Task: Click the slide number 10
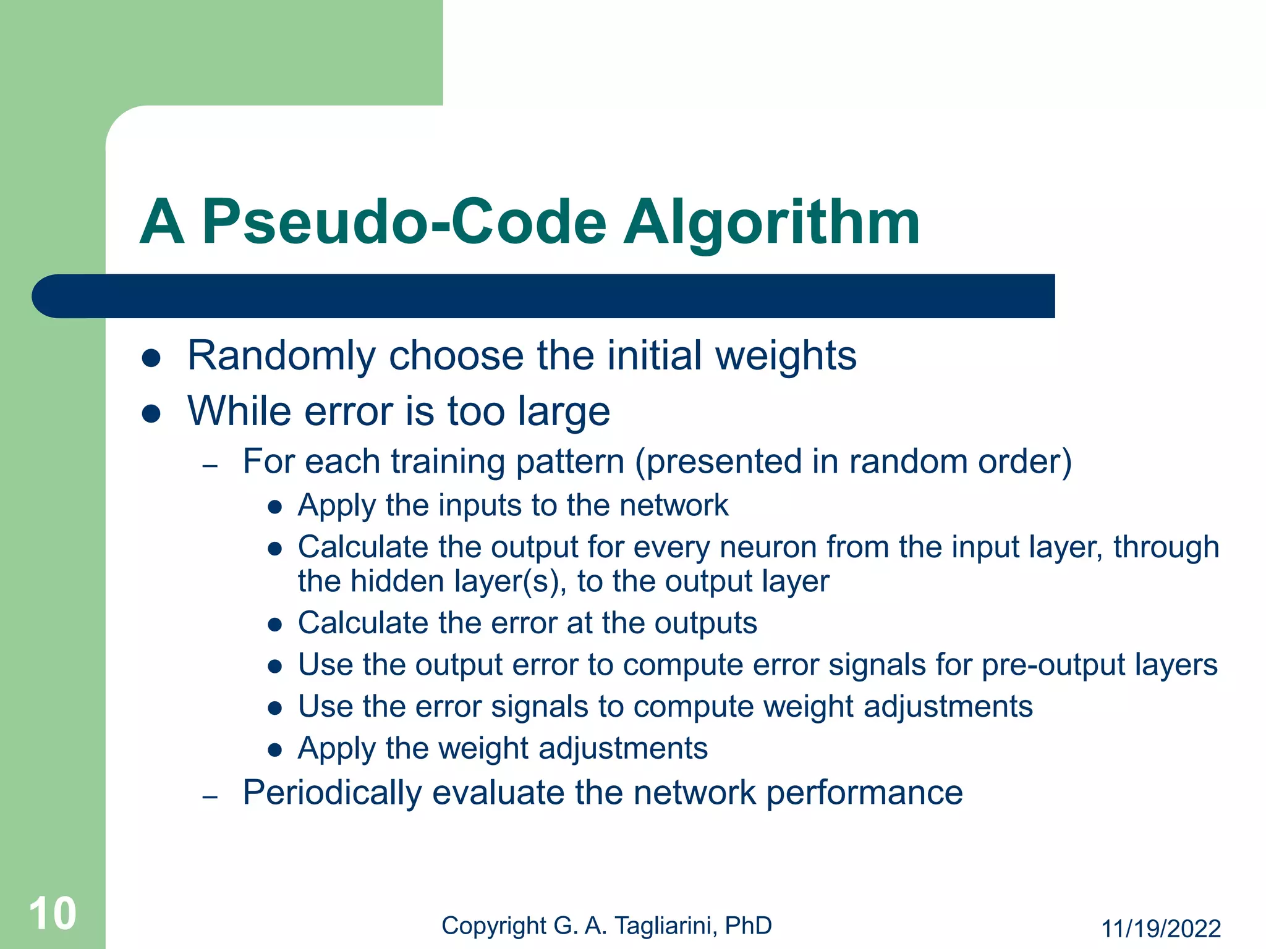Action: point(53,913)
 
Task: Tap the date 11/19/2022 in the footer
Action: point(1161,929)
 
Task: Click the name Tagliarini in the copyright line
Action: point(666,926)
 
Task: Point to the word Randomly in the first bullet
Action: point(281,356)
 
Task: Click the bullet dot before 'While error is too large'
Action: point(151,413)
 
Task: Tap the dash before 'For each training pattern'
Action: point(210,465)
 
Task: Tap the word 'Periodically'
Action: point(332,793)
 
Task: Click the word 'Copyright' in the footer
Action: point(493,926)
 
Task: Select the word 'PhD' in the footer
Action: point(748,926)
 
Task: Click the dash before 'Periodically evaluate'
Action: point(210,797)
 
